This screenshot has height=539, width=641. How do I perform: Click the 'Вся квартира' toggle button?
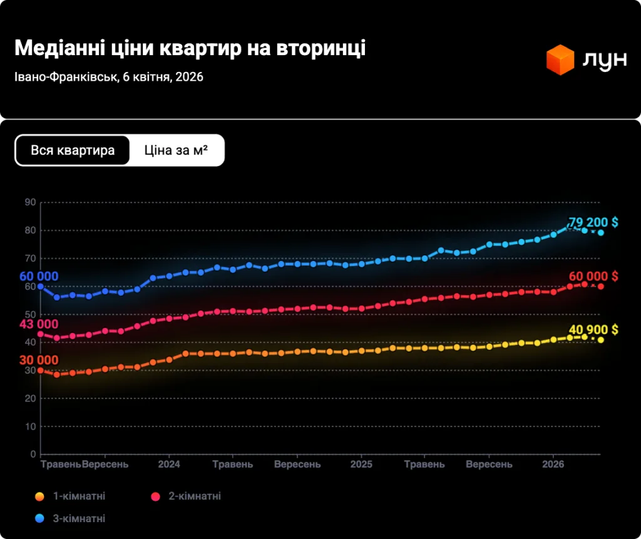click(x=73, y=151)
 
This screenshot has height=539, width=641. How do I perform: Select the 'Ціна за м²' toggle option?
click(x=176, y=151)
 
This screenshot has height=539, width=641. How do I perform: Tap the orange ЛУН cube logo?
click(x=560, y=59)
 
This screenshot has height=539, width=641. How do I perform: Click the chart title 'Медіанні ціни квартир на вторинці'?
click(x=190, y=49)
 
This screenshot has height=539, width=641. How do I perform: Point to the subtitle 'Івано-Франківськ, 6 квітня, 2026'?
click(x=108, y=77)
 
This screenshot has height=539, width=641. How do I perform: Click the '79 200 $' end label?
click(x=593, y=223)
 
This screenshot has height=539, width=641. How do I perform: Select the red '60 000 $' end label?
click(x=593, y=277)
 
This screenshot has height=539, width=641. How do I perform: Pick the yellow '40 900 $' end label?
click(x=593, y=330)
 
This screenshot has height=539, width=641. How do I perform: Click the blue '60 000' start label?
click(x=39, y=277)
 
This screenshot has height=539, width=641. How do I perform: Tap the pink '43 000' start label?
click(x=39, y=324)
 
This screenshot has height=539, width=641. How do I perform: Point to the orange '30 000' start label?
click(x=39, y=361)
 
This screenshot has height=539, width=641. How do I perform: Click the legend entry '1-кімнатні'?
click(x=78, y=496)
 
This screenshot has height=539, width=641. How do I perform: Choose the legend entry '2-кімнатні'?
click(x=194, y=496)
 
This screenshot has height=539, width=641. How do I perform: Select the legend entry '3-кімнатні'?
click(x=78, y=518)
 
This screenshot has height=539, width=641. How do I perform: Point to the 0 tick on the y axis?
click(x=33, y=454)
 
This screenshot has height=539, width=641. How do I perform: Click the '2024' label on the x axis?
click(x=169, y=465)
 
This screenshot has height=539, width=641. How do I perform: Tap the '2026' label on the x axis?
click(x=553, y=465)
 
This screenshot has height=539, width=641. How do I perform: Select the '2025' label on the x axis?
click(x=361, y=465)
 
